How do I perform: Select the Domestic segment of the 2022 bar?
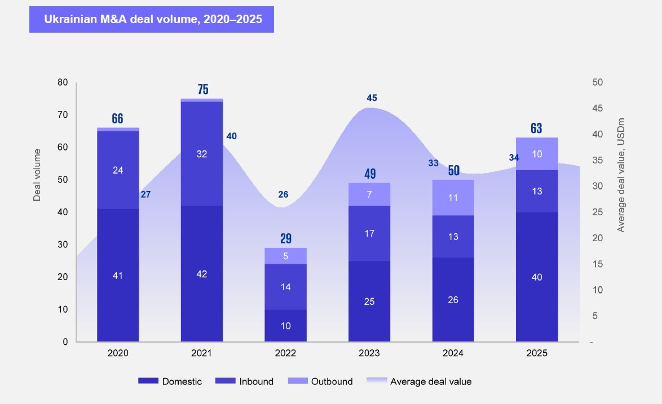pos(285,326)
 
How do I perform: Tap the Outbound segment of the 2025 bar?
pos(536,154)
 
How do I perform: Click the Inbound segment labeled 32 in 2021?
pos(202,154)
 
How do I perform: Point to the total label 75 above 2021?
pos(202,90)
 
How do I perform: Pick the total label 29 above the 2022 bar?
pos(285,238)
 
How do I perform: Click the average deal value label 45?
pos(372,98)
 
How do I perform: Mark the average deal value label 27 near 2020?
pos(145,195)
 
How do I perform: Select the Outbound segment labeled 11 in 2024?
pos(453,198)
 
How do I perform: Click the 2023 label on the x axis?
pos(369,354)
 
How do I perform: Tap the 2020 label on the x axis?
pos(118,354)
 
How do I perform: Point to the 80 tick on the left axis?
pos(63,82)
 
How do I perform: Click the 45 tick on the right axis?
pos(597,108)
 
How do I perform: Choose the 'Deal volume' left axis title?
pos(37,175)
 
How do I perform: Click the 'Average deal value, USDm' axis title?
pos(621,175)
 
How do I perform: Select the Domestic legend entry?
pos(170,381)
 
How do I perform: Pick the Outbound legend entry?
pos(320,381)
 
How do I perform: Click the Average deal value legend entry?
pos(420,381)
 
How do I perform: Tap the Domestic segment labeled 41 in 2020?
pos(118,276)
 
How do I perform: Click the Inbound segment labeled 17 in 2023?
pos(369,233)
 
